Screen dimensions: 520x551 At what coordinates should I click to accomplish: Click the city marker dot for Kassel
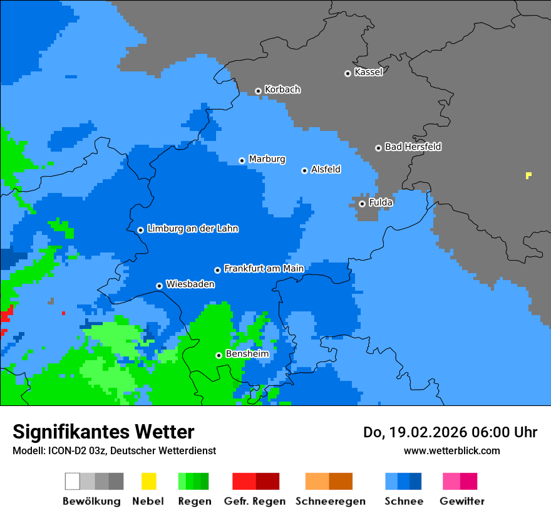pos(348,73)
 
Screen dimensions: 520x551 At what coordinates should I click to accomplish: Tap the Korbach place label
pos(282,90)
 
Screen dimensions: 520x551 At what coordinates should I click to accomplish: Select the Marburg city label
pos(267,159)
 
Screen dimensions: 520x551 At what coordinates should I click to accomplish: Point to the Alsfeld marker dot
pos(304,170)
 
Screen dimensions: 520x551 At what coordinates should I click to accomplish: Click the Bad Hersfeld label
pos(413,147)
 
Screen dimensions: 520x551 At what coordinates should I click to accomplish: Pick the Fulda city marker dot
pos(362,204)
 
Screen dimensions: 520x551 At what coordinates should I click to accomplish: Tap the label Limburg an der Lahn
pos(192,229)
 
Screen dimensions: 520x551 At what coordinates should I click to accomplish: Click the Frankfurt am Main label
pos(264,269)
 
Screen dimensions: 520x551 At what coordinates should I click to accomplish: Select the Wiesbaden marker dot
pos(159,286)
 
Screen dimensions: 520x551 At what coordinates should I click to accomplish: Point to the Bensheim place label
pos(247,354)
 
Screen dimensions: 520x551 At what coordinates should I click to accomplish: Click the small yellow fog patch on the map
pos(528,175)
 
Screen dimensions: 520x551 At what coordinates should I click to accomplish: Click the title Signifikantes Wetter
pos(103,432)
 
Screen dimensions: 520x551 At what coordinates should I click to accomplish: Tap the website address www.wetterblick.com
pos(451,450)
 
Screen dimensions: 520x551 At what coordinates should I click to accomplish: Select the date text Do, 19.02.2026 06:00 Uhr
pos(450,432)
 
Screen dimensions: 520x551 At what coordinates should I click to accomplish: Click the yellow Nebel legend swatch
pos(148,481)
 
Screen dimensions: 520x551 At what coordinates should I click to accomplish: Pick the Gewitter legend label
pos(462,501)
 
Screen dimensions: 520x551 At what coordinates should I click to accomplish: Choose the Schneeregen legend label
pos(328,501)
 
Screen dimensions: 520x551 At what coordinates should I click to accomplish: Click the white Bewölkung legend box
pos(73,481)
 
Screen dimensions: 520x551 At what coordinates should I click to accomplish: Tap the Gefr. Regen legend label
pos(255,501)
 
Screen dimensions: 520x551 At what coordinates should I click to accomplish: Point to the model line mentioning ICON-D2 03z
pos(114,450)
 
